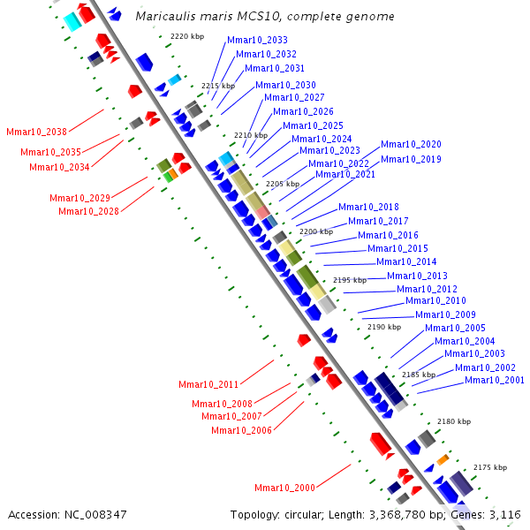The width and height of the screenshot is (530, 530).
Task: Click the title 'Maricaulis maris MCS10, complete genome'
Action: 265,17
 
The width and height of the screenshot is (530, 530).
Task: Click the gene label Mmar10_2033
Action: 257,40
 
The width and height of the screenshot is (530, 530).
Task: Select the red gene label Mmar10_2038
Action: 36,132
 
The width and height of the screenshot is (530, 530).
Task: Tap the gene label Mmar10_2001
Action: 495,381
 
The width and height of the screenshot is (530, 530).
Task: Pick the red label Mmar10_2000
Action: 284,488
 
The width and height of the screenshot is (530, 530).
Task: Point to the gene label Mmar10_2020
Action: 411,145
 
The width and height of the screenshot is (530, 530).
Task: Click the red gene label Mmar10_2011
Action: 208,384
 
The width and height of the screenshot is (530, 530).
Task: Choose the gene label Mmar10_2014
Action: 406,261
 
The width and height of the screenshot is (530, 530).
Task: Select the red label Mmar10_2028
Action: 88,211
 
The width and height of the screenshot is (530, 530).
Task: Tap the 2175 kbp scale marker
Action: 490,467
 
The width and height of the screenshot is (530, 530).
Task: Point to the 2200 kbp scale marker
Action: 316,231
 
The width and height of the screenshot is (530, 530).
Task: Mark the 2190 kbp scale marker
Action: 384,327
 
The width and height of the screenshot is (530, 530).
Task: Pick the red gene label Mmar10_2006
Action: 241,430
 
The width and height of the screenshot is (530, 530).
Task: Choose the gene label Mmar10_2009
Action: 445,314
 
